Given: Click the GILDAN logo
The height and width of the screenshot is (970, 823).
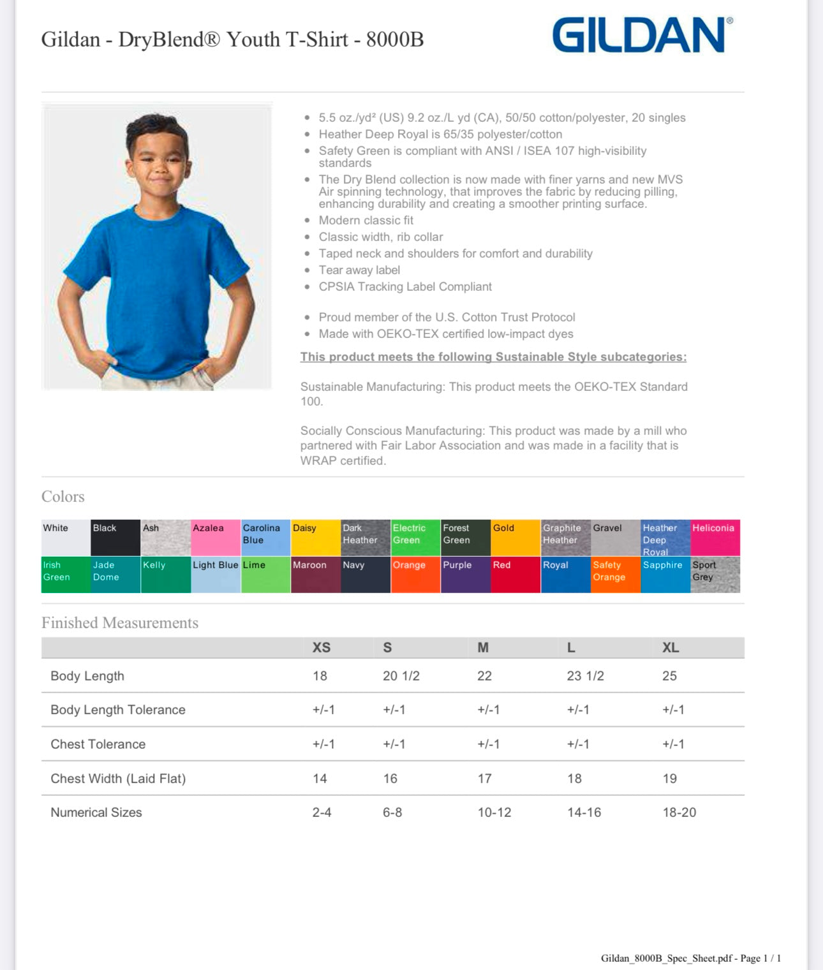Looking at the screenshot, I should point(641,35).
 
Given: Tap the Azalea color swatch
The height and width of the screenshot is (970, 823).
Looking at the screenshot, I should point(216,538).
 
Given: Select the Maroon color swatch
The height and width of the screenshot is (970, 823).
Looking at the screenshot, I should point(316,575).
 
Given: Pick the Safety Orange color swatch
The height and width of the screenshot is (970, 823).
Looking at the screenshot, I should point(615,575).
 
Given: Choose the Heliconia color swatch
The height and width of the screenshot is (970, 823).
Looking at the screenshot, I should point(715,538).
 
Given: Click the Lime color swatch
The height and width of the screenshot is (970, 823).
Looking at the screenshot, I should point(265,575).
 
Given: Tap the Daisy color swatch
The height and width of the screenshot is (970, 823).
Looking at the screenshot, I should point(316,538).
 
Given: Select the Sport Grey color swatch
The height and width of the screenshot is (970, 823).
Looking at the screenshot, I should point(715,575).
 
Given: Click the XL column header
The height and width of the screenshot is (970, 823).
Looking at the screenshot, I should point(670,647).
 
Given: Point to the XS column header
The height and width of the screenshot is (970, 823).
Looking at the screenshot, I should point(321,647).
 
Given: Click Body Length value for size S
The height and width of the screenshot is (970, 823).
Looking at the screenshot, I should point(401,676).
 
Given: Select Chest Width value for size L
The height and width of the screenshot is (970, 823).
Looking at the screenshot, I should point(574,779).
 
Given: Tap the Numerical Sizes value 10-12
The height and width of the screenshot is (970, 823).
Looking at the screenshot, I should point(494,812).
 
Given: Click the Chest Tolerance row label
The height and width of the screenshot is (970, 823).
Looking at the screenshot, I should point(98,744).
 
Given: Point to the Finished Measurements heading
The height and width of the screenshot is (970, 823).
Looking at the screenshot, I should point(120,623).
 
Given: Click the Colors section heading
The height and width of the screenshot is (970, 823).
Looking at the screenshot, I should point(63,497).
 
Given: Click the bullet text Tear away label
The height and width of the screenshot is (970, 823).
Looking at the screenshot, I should point(359,270).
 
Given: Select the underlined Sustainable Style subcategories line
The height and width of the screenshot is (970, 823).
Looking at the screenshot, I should point(493,357).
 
